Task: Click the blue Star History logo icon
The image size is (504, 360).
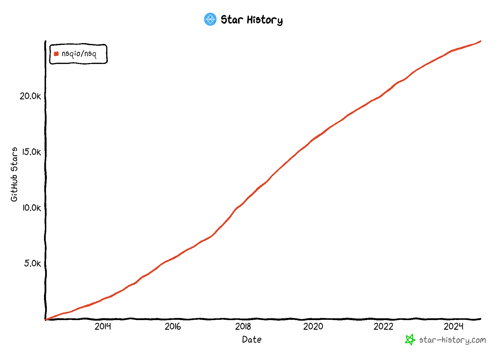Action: tap(210, 19)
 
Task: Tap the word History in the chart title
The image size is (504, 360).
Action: tap(265, 20)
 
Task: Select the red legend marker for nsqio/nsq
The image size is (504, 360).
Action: tap(56, 54)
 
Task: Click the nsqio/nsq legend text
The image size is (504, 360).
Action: tap(79, 54)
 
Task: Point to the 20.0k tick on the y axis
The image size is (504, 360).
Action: tap(30, 96)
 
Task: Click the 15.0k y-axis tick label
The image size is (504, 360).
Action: tap(31, 152)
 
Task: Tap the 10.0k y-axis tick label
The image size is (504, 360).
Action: tap(31, 208)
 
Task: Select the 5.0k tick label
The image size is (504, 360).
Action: tap(32, 263)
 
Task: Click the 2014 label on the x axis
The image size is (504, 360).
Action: tap(103, 326)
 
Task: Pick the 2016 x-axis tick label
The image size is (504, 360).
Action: tap(173, 326)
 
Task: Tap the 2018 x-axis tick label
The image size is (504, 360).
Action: tap(243, 326)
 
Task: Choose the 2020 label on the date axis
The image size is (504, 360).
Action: tap(313, 326)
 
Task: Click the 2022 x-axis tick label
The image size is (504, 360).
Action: tap(383, 326)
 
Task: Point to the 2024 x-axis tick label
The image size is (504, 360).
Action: tap(453, 326)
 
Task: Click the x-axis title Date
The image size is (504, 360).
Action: tap(252, 340)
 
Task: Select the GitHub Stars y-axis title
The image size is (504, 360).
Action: tap(14, 174)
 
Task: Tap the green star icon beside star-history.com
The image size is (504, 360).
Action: tap(410, 340)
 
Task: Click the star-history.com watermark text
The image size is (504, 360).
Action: tap(453, 340)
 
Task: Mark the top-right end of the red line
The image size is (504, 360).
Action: tap(480, 41)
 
